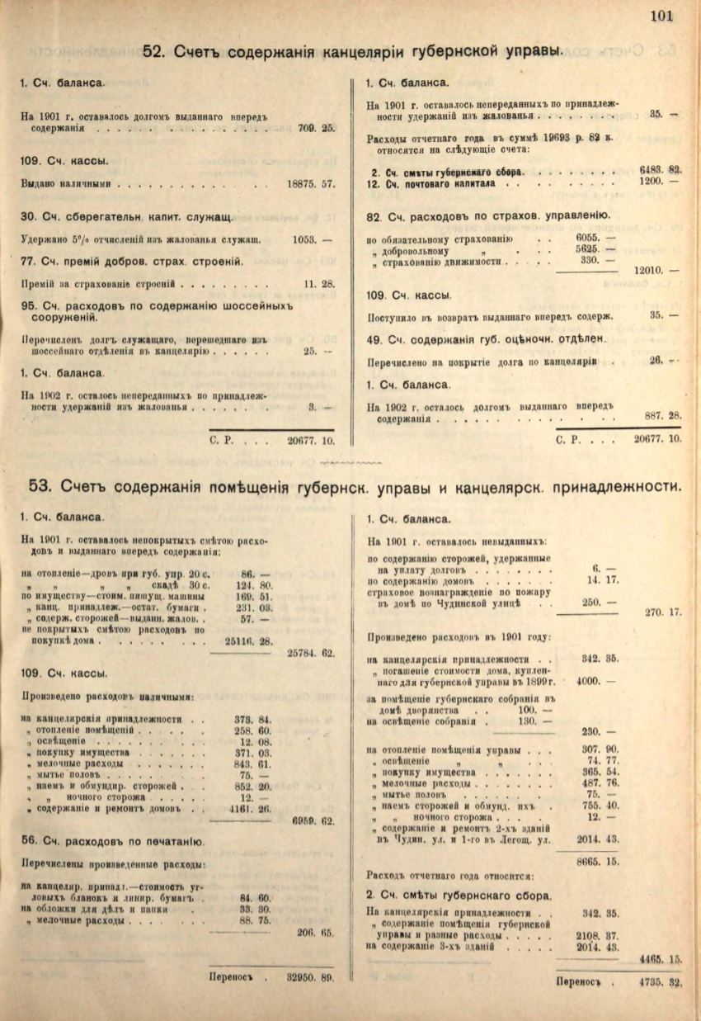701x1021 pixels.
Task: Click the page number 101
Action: pos(662,15)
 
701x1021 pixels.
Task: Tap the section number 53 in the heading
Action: pos(40,485)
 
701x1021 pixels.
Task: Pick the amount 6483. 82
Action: pos(660,168)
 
